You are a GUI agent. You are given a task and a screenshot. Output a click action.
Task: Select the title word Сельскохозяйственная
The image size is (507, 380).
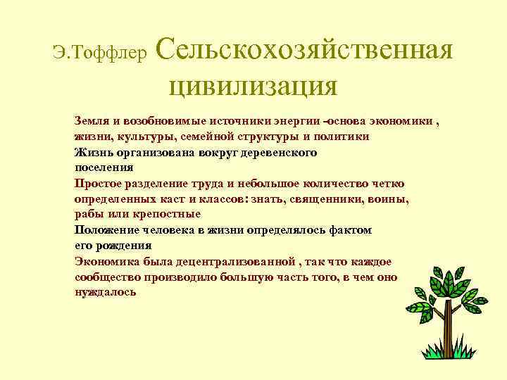[x=303, y=49]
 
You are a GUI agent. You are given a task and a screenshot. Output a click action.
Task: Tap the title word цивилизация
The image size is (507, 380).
[x=254, y=86]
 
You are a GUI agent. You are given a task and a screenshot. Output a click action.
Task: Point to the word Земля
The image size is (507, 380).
[x=90, y=121]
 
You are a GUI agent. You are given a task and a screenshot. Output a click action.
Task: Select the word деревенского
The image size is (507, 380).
[x=277, y=152]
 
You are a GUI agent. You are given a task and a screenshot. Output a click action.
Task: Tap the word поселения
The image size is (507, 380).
[x=104, y=167]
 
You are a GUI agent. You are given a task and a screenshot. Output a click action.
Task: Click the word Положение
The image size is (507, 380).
[x=104, y=230]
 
